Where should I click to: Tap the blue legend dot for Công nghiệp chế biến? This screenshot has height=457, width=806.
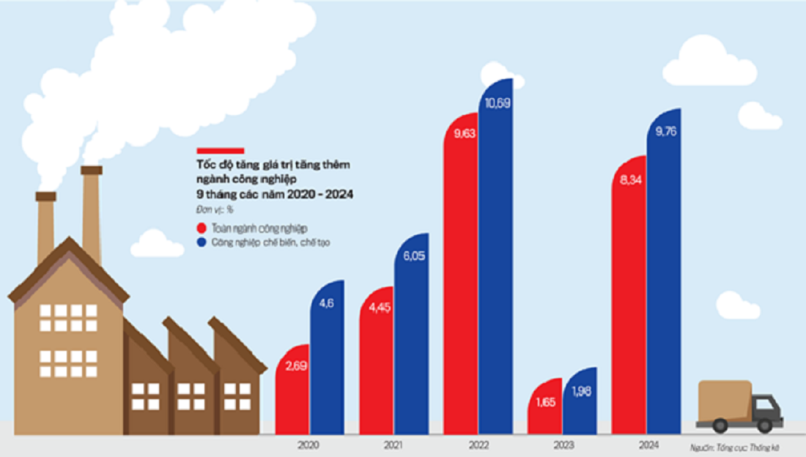[x=201, y=242]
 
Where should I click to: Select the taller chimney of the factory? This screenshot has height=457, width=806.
[x=92, y=212]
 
